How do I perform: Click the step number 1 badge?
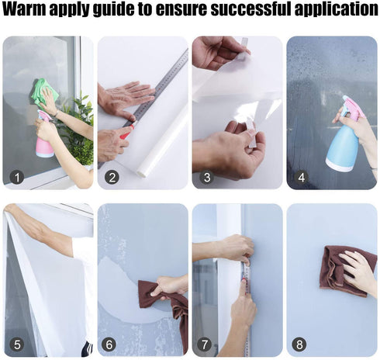[x=17, y=177]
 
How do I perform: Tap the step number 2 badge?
[x=112, y=177]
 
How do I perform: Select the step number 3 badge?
[x=206, y=177]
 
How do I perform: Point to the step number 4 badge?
[x=302, y=177]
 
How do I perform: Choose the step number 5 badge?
[x=17, y=344]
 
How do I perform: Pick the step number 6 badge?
[x=109, y=344]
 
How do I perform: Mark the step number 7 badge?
[x=204, y=344]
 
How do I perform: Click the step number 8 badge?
[x=299, y=344]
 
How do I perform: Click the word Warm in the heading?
[x=25, y=9]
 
